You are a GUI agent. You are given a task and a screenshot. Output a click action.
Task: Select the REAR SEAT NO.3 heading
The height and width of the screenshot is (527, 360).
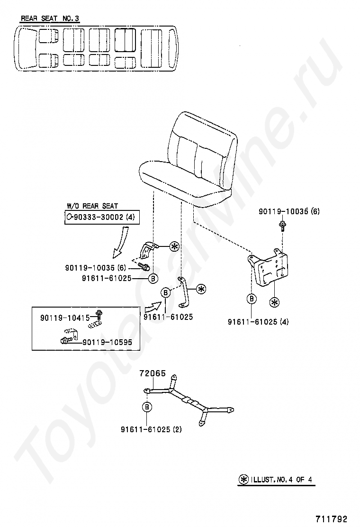tap(50, 19)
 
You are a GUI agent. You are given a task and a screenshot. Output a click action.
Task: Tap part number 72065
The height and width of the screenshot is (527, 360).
tap(152, 373)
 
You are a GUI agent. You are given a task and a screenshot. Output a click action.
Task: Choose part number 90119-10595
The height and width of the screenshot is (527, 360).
tap(107, 342)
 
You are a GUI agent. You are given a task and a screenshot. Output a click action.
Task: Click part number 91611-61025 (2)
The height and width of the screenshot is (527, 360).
tap(151, 430)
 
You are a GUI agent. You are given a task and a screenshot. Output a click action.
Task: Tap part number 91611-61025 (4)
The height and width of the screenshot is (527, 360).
tap(258, 322)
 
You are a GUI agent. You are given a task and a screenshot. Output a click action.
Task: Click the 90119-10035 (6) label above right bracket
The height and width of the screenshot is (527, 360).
tap(289, 211)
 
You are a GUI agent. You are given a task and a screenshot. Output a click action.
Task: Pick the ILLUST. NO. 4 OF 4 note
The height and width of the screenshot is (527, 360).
tap(277, 479)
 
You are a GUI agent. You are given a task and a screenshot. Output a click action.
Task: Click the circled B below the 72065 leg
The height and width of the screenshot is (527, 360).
tap(147, 407)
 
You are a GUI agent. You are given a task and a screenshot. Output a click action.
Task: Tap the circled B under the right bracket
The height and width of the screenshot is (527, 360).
tap(252, 299)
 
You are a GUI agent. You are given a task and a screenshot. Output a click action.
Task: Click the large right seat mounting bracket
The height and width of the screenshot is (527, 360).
tap(269, 267)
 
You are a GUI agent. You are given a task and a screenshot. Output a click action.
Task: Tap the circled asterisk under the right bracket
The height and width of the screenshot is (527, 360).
tap(273, 302)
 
